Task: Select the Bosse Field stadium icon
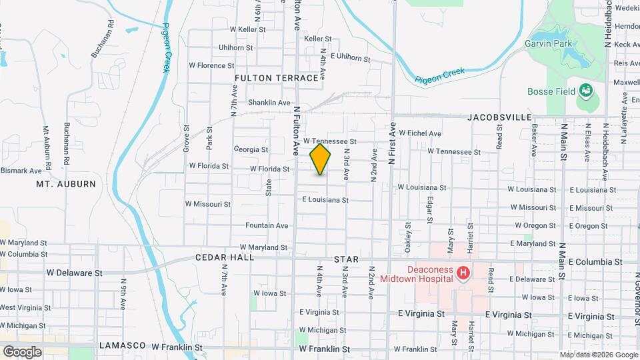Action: [x=585, y=90]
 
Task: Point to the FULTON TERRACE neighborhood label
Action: [x=277, y=78]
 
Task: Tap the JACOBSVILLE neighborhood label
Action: [x=499, y=117]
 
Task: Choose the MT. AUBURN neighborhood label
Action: [x=66, y=183]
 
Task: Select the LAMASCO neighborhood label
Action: [x=122, y=346]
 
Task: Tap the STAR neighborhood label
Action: [x=346, y=259]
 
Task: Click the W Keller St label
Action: [x=247, y=29]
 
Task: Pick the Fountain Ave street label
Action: [x=267, y=225]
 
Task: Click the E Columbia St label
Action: [x=595, y=262]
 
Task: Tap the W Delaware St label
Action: [x=75, y=273]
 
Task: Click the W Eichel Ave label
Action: [x=416, y=133]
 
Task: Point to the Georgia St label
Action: [x=251, y=149]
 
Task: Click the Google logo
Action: [x=22, y=351]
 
